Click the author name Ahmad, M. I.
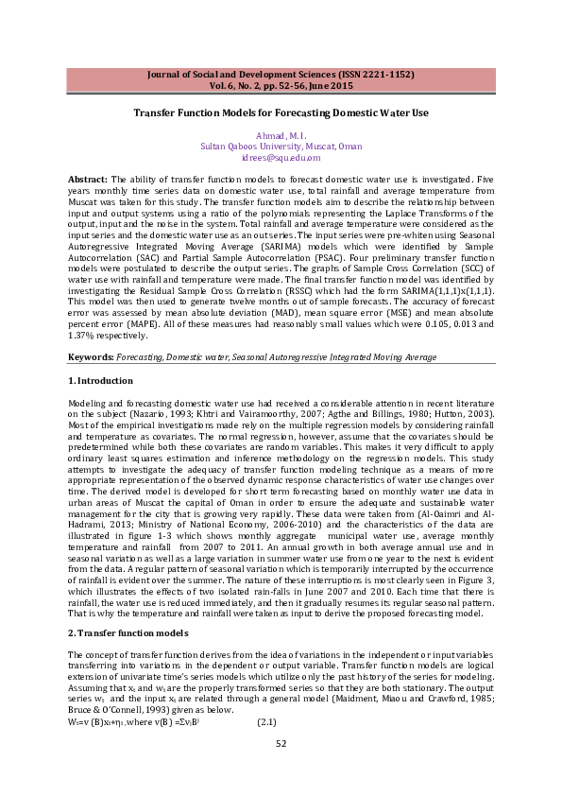pyautogui.click(x=281, y=136)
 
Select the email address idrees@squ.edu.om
pyautogui.click(x=281, y=158)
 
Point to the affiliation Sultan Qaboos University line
pyautogui.click(x=281, y=147)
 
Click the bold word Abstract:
pyautogui.click(x=88, y=179)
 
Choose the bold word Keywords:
pyautogui.click(x=91, y=357)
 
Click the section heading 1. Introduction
pyautogui.click(x=101, y=380)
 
